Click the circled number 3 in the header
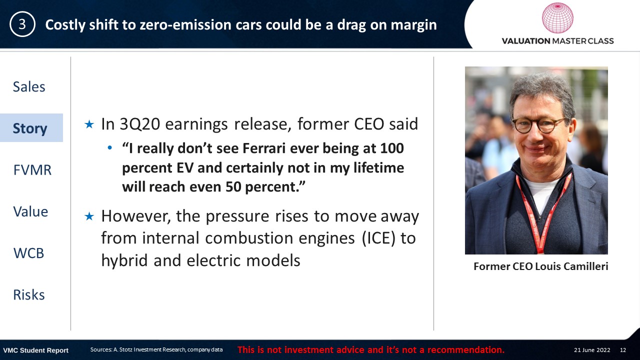point(22,24)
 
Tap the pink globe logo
point(557,17)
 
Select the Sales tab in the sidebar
point(29,86)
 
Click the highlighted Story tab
point(30,128)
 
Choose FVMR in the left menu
point(32,170)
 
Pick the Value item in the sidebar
point(30,211)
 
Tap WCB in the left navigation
point(28,253)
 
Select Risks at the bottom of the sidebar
point(29,295)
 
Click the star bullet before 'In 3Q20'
point(89,124)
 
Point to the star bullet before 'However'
point(89,216)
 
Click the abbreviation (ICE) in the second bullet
point(378,238)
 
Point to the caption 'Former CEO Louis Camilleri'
point(540,266)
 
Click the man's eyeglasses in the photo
point(538,125)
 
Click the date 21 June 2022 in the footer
point(592,350)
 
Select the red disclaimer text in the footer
point(371,349)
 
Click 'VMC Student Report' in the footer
point(35,350)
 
